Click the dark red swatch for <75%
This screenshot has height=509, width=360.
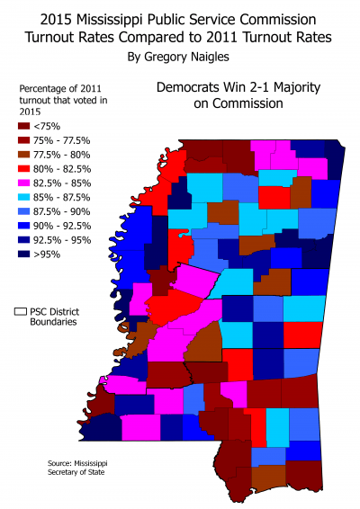[x=23, y=128]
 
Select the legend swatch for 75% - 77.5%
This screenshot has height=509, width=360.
[x=23, y=142]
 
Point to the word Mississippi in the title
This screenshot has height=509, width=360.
[x=125, y=17]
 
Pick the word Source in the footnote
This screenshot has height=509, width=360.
[x=59, y=464]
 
